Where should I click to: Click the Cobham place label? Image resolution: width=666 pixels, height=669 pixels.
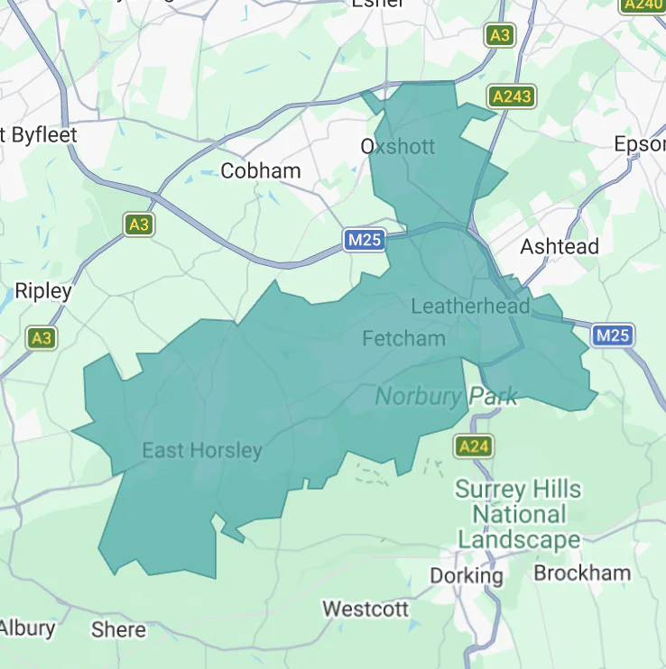tap(261, 170)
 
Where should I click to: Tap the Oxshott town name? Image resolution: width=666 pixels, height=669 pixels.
tap(397, 146)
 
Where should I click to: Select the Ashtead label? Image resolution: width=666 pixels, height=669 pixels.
tap(560, 246)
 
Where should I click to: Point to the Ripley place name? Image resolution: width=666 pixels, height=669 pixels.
tap(42, 291)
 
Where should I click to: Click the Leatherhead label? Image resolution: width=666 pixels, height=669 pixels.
tap(469, 307)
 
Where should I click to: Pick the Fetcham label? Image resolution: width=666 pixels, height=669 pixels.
tap(403, 338)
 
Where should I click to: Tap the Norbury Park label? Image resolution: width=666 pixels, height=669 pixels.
tap(446, 396)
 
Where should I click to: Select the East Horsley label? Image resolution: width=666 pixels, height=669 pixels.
tap(201, 451)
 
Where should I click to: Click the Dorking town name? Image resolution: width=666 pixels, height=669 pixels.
tap(466, 575)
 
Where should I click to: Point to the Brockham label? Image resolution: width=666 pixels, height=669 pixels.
tap(582, 573)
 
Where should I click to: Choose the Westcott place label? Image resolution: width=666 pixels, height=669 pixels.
tap(365, 609)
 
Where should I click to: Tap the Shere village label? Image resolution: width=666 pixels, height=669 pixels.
tap(118, 629)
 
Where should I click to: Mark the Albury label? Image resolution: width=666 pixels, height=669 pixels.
tap(27, 628)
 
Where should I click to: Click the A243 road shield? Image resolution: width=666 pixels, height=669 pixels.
tap(512, 96)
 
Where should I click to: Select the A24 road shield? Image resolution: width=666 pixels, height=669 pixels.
tap(473, 446)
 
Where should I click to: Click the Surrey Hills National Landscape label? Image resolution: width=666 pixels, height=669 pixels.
tap(518, 515)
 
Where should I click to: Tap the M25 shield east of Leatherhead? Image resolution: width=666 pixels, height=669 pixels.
tap(613, 335)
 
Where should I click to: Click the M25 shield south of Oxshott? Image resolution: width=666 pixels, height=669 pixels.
tap(365, 240)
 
